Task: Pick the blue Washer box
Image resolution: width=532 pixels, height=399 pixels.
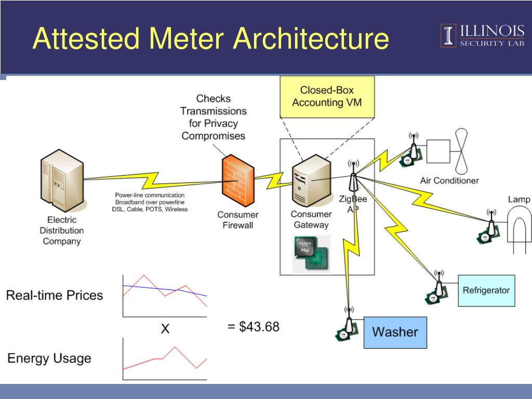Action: tap(395, 332)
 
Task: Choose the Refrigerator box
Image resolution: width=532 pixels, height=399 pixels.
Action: tap(486, 290)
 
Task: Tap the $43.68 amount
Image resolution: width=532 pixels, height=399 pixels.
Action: tap(254, 327)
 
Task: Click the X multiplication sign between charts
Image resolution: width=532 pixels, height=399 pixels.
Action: tap(165, 328)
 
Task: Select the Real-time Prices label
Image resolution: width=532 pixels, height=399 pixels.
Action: tap(55, 296)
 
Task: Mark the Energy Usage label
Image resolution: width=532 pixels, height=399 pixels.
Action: tap(49, 358)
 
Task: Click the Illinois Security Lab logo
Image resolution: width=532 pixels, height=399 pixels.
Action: tap(483, 35)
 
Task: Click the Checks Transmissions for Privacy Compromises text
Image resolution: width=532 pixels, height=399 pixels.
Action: tap(214, 117)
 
